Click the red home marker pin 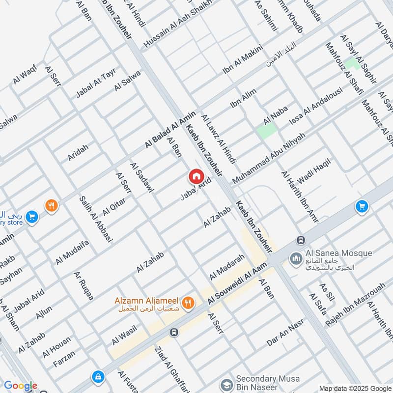tap(196, 176)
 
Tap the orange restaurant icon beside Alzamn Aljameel tap(187, 304)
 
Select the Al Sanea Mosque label tap(338, 253)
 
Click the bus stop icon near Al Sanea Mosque tap(300, 240)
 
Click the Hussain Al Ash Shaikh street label tap(177, 24)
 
